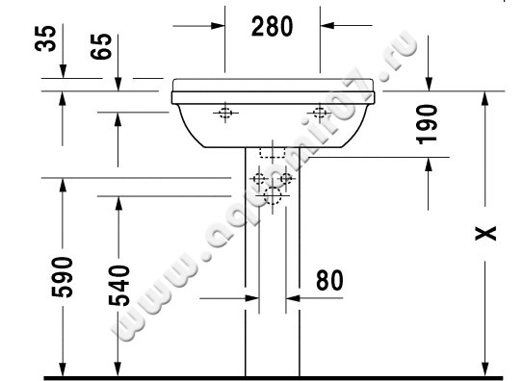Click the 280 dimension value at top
pyautogui.click(x=272, y=27)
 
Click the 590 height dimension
pyautogui.click(x=62, y=278)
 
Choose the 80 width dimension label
pyautogui.click(x=328, y=281)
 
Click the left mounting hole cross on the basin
pyautogui.click(x=225, y=114)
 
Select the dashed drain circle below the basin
pyautogui.click(x=274, y=198)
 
